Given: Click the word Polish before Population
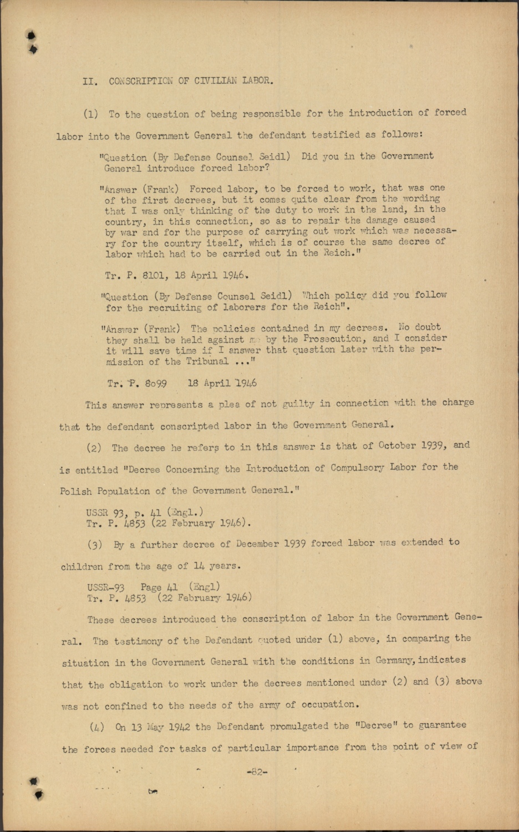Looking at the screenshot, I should click(x=76, y=491).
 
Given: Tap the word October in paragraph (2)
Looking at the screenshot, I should click(x=398, y=445).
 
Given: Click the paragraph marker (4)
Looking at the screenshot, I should click(x=96, y=727).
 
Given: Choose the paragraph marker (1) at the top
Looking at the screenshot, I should click(x=91, y=115).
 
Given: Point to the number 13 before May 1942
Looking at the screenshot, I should click(x=136, y=727).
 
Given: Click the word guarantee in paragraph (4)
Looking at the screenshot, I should click(x=442, y=725).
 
